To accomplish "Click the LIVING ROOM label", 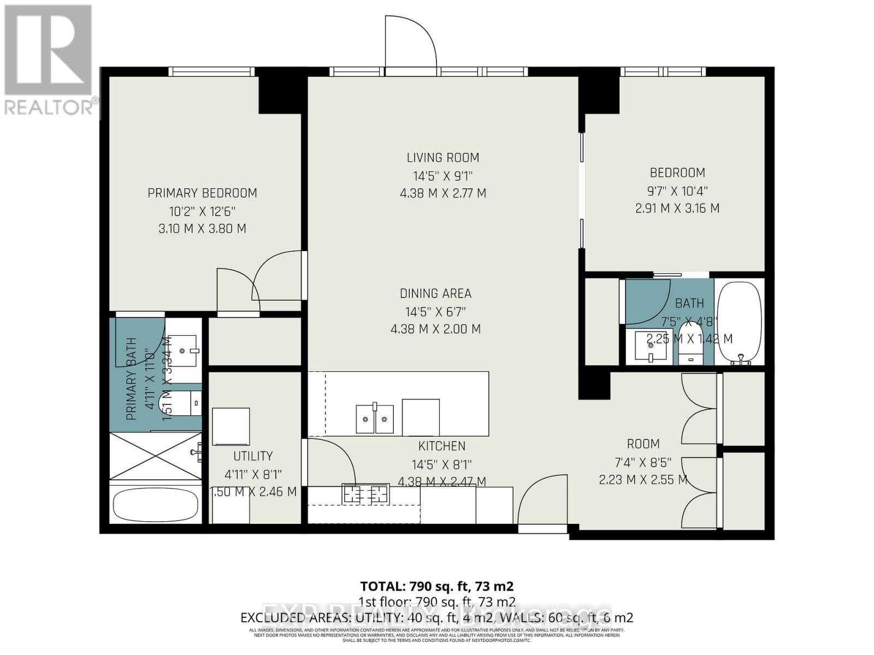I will point(442,158).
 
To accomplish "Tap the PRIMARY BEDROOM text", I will point(202,193).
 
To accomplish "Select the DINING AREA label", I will point(435,294).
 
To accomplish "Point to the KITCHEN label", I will point(441,446).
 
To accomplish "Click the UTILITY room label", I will point(252,456).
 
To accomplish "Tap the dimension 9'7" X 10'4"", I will point(677,191).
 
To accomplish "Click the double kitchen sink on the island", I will point(375,419).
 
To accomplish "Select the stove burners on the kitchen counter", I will point(365,494).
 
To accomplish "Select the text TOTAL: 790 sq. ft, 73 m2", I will point(436,586).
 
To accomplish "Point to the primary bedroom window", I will point(211,72).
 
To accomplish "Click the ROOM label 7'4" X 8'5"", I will point(643,462).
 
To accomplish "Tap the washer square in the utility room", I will point(231,426).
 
